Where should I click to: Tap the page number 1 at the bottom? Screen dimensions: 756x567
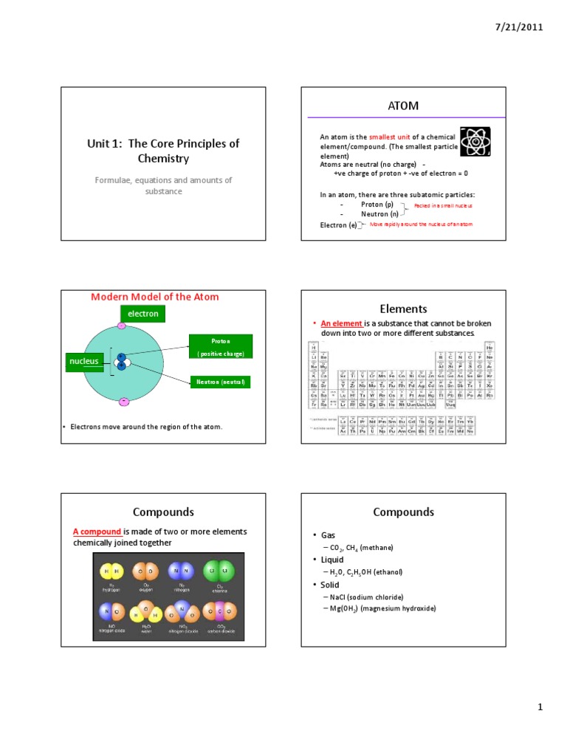coord(540,707)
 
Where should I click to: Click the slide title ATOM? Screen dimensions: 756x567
coord(403,106)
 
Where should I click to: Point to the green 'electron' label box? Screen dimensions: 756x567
coord(142,314)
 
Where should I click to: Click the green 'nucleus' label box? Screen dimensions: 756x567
coord(84,362)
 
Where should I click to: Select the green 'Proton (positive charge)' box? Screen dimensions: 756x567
coord(221,347)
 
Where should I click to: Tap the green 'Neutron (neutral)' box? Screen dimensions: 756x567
coord(221,382)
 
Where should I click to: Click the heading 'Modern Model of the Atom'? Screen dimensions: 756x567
coord(154,297)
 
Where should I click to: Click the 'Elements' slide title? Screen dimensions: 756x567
coord(403,309)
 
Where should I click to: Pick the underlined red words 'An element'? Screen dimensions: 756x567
coord(341,324)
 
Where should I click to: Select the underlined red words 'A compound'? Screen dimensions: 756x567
coord(97,532)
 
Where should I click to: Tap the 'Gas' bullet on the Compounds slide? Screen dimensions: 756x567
coord(329,535)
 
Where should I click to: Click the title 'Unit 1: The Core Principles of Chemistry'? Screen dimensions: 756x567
coord(163,151)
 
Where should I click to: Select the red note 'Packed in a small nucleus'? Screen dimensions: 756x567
coord(443,205)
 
